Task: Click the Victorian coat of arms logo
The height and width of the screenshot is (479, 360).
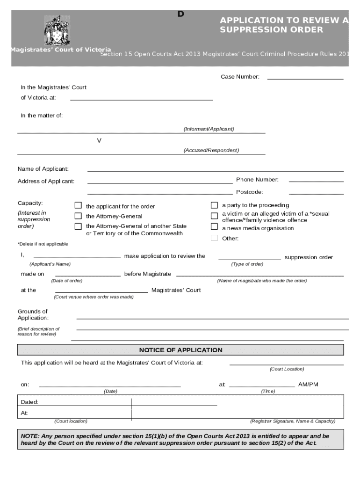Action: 57,30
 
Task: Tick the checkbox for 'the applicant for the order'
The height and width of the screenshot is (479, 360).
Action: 78,205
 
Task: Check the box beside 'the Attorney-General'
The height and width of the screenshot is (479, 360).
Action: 78,216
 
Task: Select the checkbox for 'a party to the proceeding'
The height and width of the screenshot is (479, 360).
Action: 214,205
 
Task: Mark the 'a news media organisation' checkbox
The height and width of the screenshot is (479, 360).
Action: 214,227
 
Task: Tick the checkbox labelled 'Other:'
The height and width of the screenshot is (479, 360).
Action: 214,238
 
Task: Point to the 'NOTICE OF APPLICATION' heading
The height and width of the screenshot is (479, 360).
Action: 180,350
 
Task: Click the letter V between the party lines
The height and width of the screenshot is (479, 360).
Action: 99,140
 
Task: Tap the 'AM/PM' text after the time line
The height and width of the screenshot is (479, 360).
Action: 308,385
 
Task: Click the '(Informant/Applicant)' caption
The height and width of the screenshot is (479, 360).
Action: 209,129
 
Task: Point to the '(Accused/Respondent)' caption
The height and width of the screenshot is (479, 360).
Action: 211,150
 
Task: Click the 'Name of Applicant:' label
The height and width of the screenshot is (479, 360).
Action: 43,169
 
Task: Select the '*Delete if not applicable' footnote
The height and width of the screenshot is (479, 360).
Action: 43,244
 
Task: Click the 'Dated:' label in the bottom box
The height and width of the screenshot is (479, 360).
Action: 29,402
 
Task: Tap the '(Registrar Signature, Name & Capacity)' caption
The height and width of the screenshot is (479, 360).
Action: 293,421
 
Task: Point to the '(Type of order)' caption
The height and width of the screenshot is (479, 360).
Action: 247,264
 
